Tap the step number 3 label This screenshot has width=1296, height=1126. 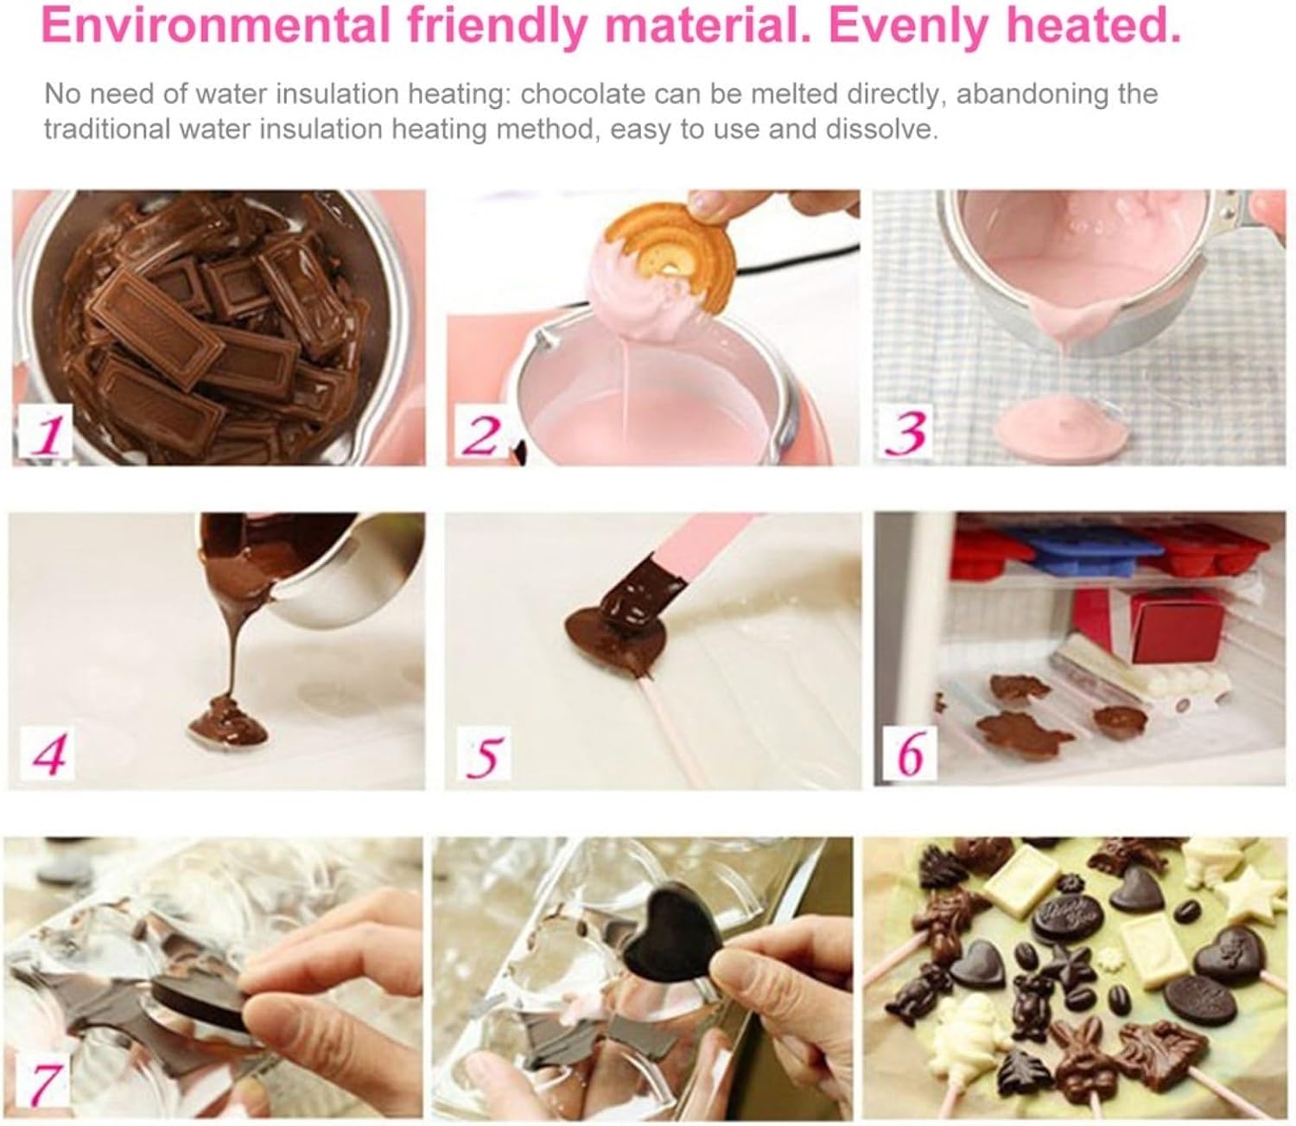click(x=908, y=434)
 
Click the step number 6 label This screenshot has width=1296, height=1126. click(x=911, y=753)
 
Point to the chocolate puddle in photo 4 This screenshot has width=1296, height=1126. click(x=229, y=726)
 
